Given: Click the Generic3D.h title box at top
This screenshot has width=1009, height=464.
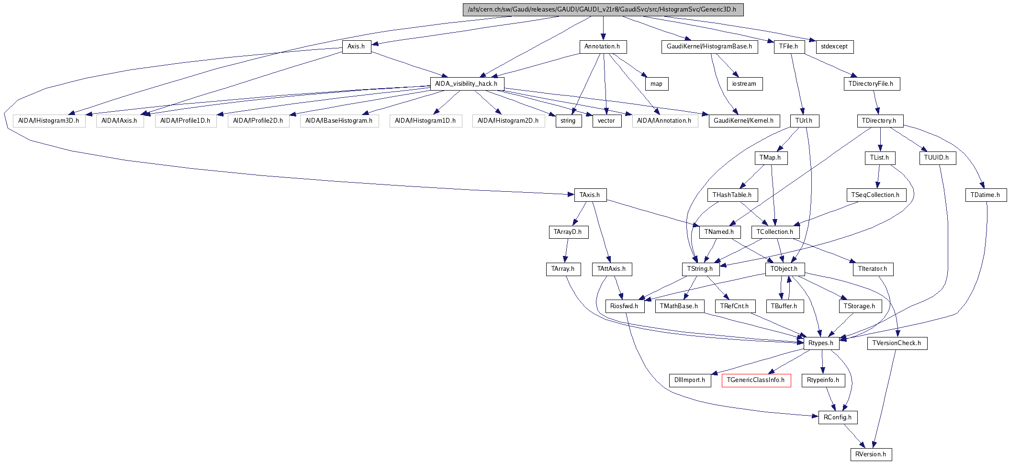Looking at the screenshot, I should pos(603,10).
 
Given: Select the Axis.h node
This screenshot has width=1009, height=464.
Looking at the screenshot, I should pos(356,46).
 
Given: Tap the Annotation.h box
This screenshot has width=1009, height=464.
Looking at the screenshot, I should pos(602,46).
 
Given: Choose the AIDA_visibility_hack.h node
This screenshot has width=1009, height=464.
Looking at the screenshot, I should pos(466,84).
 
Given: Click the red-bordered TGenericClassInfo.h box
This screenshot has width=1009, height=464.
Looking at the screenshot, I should pos(756,380).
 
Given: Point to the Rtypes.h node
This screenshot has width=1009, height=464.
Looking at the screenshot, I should pos(821,343).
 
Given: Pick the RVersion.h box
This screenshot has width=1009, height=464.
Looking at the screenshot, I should pos(871,454).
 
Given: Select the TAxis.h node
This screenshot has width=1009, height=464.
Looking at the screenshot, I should pos(590,195).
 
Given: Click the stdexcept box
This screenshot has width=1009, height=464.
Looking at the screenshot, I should pos(834,46).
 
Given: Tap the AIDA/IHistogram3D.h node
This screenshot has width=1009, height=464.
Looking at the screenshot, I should pos(49,121).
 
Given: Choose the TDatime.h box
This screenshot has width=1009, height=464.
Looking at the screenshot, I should pos(985,195).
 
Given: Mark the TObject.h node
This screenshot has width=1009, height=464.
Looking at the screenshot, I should pos(784,269).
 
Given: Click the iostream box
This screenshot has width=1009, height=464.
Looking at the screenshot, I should pos(744,84).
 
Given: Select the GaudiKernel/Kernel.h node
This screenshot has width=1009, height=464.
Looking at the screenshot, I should pos(743,121).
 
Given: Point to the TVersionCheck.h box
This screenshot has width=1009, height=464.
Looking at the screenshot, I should pos(897,343).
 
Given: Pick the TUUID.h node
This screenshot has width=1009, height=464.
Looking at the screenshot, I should pos(937,158).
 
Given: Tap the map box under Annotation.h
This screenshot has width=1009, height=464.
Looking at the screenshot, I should pos(656,84).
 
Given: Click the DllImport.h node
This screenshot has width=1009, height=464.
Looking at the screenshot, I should pos(690,380).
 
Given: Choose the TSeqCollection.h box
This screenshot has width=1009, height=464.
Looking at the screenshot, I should pos(875,195).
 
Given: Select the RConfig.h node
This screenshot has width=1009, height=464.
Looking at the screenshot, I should pos(838,418).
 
